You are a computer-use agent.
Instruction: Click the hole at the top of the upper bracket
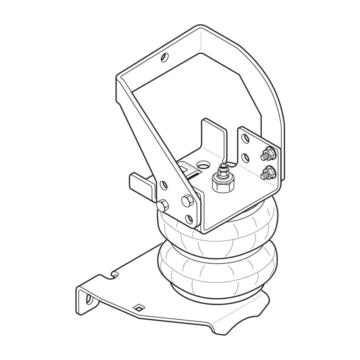[165, 57]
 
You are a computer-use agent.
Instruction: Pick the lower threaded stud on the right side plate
[267, 173]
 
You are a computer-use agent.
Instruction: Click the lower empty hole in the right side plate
[245, 158]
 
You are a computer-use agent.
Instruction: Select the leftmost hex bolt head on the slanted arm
[161, 206]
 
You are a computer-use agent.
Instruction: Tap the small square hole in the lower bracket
[137, 308]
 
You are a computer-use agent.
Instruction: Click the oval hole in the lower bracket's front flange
[89, 299]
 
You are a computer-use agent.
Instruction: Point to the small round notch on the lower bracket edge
[114, 275]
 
